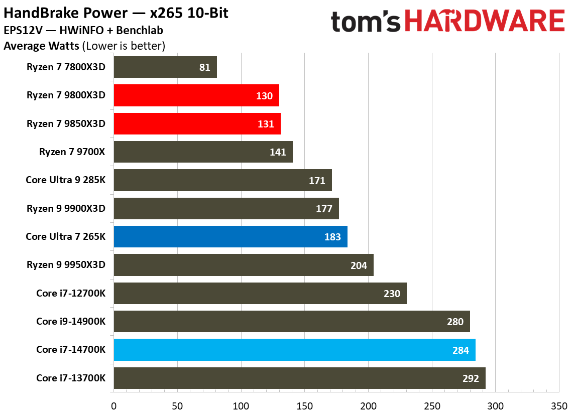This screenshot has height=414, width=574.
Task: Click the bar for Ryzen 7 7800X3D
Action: (x=165, y=67)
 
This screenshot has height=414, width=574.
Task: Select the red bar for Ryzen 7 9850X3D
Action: (x=197, y=124)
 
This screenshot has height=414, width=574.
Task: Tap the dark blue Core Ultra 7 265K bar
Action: (x=231, y=237)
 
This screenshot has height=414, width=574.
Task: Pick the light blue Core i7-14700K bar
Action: (x=294, y=350)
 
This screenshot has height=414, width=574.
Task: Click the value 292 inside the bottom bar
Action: (x=471, y=378)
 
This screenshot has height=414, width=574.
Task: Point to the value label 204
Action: (x=359, y=265)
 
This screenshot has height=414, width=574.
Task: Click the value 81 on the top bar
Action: (x=204, y=67)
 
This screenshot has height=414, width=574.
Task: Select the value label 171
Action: (x=317, y=181)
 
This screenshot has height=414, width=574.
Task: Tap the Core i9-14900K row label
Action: (x=71, y=322)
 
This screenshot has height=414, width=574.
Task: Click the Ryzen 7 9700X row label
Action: (x=72, y=152)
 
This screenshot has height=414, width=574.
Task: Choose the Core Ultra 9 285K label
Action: (x=66, y=180)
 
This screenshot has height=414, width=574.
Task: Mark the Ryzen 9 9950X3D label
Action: (x=66, y=265)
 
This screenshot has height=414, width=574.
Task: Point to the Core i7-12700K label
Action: (x=71, y=293)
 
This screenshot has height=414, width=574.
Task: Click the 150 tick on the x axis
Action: (x=304, y=405)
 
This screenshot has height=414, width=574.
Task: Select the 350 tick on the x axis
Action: (x=559, y=405)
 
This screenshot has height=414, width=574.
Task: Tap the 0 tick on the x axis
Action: (x=114, y=405)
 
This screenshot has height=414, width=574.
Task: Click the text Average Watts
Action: (x=41, y=47)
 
